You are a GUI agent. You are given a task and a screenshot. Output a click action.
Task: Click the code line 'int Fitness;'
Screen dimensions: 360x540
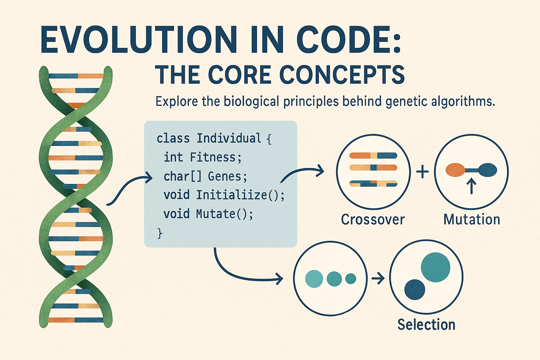coord(203,157)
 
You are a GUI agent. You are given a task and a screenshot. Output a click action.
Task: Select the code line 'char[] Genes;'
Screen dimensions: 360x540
coord(205,176)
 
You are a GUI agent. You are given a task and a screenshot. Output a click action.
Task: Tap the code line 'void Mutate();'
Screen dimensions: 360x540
coord(208,214)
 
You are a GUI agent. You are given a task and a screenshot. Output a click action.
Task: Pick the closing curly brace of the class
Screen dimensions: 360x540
coord(160,233)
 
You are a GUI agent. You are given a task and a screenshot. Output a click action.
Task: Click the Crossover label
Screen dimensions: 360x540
coord(373,220)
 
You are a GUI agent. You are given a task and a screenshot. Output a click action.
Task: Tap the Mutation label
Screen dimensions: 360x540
coord(471,220)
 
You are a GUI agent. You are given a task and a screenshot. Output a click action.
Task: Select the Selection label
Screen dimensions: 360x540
coord(426,325)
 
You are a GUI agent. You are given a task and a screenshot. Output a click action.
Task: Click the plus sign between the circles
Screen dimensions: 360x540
coord(422,172)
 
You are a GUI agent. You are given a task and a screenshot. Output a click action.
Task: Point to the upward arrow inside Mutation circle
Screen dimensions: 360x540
coord(471,186)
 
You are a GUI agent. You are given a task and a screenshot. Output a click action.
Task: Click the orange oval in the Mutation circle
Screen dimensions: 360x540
coord(455,170)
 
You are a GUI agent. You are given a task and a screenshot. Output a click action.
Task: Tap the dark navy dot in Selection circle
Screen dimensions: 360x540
coord(415,289)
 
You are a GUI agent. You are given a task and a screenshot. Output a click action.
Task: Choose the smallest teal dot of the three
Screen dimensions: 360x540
coord(351,279)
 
